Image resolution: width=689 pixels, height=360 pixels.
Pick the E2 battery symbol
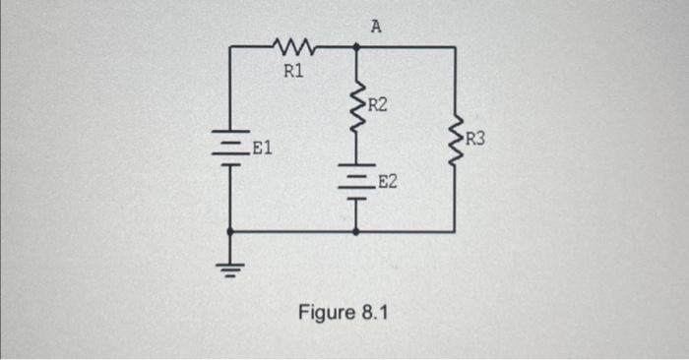tap(355, 181)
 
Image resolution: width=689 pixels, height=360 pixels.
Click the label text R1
tap(293, 71)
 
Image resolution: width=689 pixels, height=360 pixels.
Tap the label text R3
tap(475, 138)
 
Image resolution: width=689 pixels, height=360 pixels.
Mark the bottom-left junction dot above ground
tap(230, 232)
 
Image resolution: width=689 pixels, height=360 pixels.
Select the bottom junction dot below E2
tap(355, 232)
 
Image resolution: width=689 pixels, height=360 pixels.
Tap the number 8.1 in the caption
tap(376, 313)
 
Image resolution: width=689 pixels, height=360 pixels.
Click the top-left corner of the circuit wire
tap(230, 46)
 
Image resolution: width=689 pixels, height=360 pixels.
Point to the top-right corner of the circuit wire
tap(455, 46)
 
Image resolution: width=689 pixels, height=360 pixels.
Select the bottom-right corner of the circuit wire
tap(455, 232)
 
